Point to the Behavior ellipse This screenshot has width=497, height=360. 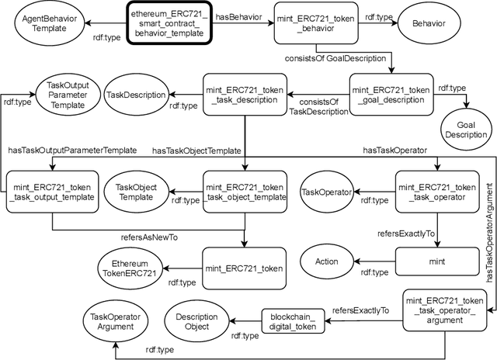(429, 24)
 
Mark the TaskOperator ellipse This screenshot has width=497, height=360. (327, 192)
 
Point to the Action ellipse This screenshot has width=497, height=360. (327, 262)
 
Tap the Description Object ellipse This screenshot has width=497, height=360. (199, 321)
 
